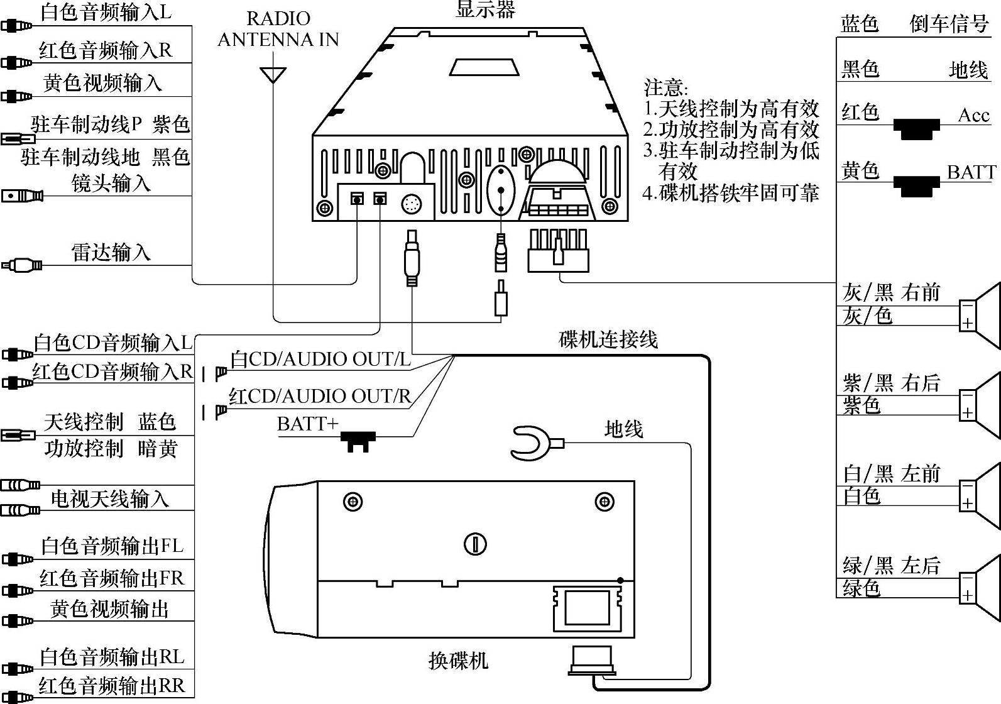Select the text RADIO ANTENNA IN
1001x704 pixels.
point(278,29)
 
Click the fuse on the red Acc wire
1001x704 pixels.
point(917,129)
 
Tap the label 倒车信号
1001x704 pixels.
point(949,24)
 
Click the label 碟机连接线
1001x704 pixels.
point(608,339)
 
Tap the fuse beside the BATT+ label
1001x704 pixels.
point(358,440)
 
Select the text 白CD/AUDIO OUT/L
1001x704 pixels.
point(320,359)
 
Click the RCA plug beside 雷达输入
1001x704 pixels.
point(23,265)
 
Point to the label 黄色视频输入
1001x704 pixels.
point(102,83)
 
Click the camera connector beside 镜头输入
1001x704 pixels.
point(23,195)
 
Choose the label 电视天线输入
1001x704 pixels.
point(109,498)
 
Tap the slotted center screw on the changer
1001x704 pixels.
point(475,544)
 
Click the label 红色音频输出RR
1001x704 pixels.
point(112,685)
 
